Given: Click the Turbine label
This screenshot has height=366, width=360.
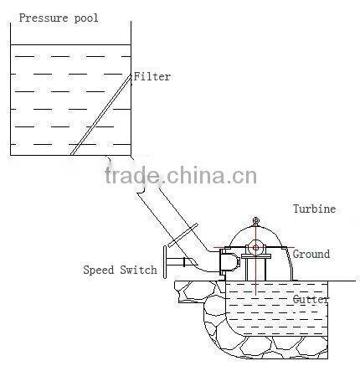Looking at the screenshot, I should (x=314, y=209).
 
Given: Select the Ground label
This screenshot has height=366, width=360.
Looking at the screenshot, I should (x=311, y=254).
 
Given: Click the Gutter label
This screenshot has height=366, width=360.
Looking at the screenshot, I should (x=311, y=298).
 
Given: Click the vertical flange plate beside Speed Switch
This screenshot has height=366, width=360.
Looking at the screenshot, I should (x=166, y=264).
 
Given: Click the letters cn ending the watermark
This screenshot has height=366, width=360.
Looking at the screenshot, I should (x=244, y=177).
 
